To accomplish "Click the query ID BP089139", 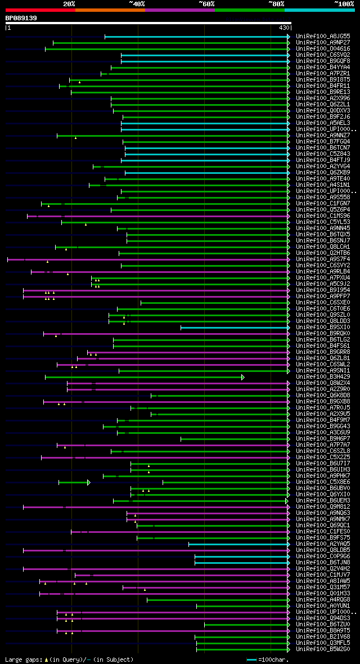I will point(21,18).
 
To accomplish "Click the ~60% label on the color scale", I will point(206,3).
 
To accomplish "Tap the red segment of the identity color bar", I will point(40,10).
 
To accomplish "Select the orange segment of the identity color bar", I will point(110,10).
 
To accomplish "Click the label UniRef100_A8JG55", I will point(322,37).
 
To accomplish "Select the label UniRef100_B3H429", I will point(322,377).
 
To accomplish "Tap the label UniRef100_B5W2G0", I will point(322,649).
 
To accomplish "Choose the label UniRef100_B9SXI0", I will point(322,327).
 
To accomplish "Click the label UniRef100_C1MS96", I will point(322,216).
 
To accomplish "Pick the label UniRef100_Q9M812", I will point(322,507).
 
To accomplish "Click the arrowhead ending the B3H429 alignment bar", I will point(243,377).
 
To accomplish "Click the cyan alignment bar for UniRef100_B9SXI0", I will point(234,327).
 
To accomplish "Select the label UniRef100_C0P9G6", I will point(322,557).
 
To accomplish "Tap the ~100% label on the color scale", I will point(344,3).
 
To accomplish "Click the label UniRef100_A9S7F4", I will point(322,259).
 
